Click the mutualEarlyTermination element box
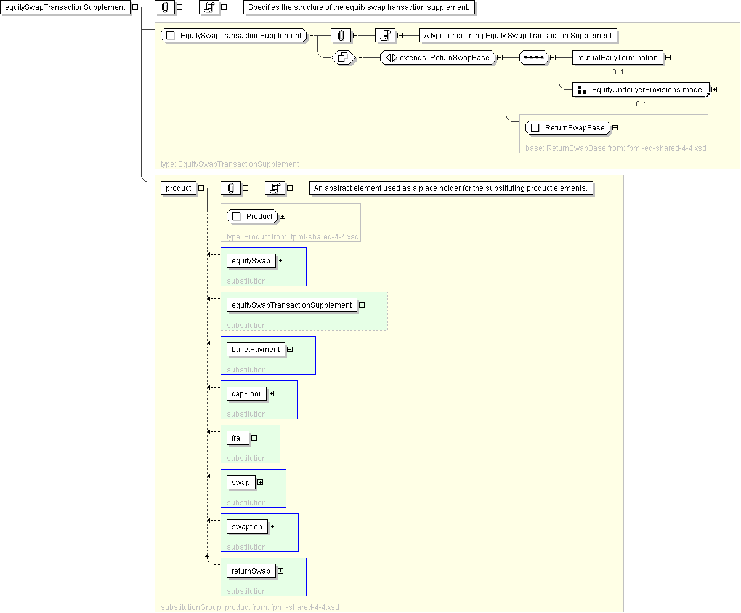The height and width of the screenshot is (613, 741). (617, 58)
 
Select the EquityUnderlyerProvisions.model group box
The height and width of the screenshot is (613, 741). (641, 90)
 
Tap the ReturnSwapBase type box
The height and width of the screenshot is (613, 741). (567, 128)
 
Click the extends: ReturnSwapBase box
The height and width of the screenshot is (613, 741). (437, 58)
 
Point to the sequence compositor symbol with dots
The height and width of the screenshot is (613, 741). (533, 58)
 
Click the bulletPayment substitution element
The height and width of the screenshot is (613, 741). (256, 350)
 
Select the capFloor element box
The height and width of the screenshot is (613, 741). (246, 394)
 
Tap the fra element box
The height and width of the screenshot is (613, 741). (238, 438)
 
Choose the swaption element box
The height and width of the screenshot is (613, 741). (247, 527)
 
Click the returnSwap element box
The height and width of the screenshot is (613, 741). (251, 571)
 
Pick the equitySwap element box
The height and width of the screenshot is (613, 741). (251, 261)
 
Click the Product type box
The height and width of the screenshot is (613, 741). (253, 217)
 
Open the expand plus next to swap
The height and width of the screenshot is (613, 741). (260, 483)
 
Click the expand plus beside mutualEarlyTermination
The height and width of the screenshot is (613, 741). (668, 58)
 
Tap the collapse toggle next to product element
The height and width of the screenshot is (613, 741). (201, 188)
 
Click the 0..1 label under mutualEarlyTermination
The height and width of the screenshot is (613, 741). (618, 72)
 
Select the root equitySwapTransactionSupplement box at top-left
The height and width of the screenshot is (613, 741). (65, 7)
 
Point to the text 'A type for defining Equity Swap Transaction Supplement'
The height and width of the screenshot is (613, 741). (518, 36)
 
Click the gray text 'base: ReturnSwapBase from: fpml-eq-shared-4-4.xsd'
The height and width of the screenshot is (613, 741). (616, 148)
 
